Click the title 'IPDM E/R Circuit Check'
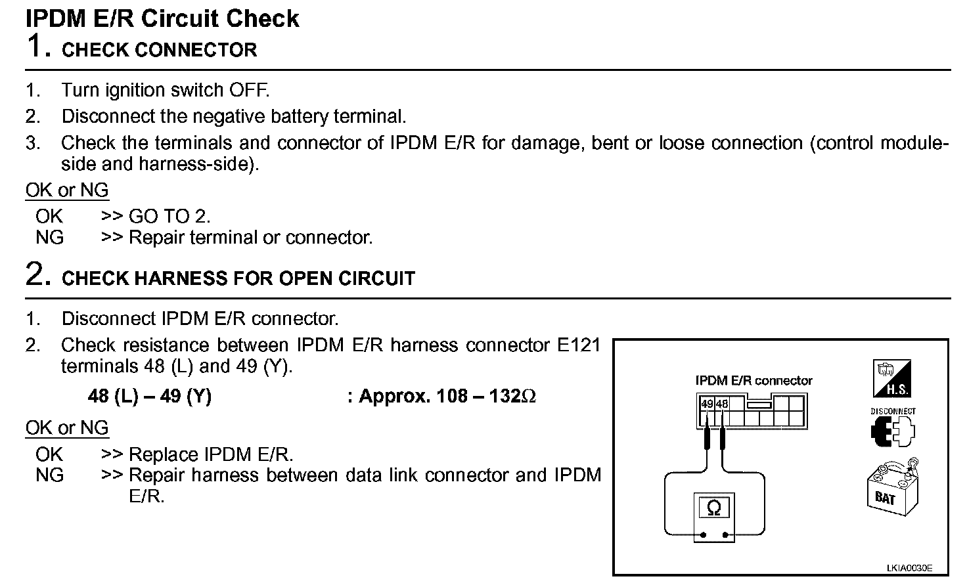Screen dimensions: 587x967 click(x=162, y=18)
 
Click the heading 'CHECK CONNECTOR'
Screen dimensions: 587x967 click(x=159, y=50)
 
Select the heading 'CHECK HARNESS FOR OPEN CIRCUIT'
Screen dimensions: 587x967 click(x=238, y=278)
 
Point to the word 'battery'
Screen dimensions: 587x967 click(x=299, y=116)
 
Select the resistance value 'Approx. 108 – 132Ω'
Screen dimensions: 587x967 click(x=447, y=397)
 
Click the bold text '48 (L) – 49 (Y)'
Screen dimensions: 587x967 click(x=150, y=397)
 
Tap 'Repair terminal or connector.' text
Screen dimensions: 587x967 click(x=250, y=237)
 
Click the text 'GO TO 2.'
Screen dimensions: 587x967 click(x=169, y=216)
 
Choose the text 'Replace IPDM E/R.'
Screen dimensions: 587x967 click(x=211, y=454)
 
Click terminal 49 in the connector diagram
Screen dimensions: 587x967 click(x=707, y=404)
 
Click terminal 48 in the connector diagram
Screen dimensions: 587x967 click(x=722, y=404)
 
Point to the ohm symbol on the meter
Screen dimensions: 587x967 click(x=713, y=508)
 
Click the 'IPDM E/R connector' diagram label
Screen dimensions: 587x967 click(x=753, y=381)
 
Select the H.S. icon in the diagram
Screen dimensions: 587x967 click(x=891, y=378)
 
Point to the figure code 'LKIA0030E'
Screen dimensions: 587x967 click(x=909, y=568)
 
